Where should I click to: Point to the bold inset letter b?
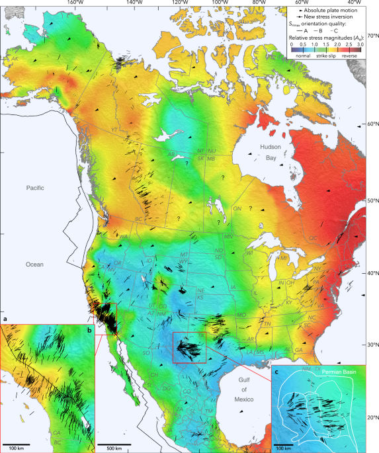(x=89, y=329)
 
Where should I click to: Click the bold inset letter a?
(x=5, y=319)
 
